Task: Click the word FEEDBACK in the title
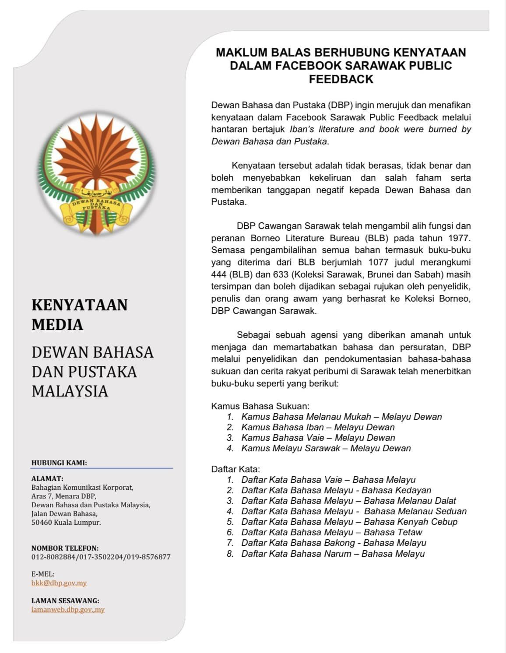tap(341, 79)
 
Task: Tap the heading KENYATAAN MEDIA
tap(79, 314)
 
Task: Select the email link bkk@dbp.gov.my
tap(59, 583)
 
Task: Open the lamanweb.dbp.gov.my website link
tap(68, 610)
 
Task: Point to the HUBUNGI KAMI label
tap(59, 463)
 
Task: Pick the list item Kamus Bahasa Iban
tap(318, 427)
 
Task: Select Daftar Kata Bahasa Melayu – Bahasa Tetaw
tap(331, 532)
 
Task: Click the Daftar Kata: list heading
tap(235, 469)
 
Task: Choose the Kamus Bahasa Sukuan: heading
tap(260, 406)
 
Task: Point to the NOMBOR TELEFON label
tap(65, 548)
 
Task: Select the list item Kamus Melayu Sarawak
tap(326, 448)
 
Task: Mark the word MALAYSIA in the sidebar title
tap(70, 391)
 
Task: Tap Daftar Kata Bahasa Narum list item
tap(333, 554)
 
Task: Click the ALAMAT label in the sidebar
tap(47, 479)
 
